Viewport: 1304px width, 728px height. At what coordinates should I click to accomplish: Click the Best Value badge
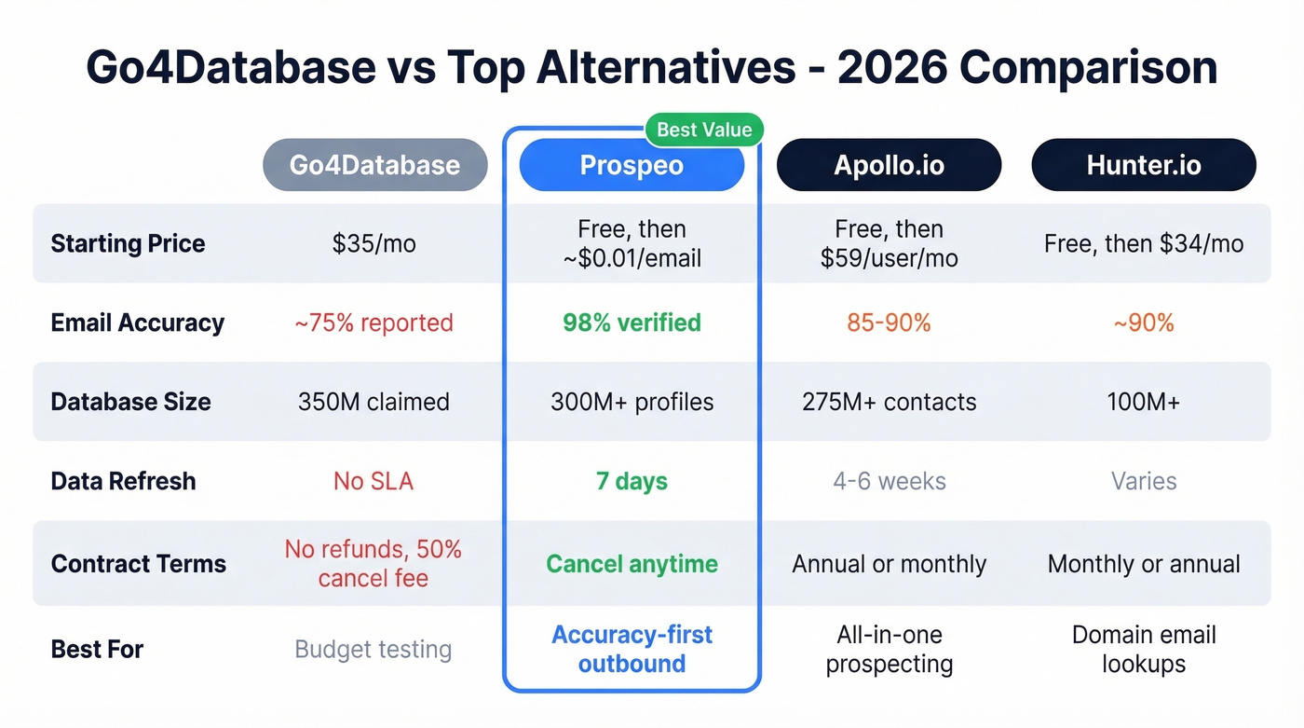tap(703, 130)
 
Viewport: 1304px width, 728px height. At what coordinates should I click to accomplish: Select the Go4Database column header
tap(374, 165)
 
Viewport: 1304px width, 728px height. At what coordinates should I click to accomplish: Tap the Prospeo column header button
tap(632, 165)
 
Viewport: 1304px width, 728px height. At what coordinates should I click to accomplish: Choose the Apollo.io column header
tap(889, 165)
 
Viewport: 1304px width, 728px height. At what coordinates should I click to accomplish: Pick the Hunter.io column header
tap(1144, 165)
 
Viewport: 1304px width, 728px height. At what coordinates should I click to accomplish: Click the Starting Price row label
tap(128, 243)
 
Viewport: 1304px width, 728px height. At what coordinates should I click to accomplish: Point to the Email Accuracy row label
tap(137, 323)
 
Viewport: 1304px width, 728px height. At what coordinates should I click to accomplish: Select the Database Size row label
tap(130, 402)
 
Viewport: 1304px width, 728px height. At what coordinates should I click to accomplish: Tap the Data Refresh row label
tap(123, 481)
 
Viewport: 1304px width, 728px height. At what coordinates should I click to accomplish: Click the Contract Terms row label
tap(138, 563)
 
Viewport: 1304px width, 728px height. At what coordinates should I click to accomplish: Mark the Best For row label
tap(97, 649)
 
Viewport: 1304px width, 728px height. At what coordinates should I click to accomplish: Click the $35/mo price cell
tap(374, 243)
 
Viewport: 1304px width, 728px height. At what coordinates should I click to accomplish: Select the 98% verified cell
tap(632, 323)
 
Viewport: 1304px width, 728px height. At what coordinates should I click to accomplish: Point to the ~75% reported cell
tap(374, 323)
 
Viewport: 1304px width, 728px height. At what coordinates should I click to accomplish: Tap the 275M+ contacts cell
tap(889, 402)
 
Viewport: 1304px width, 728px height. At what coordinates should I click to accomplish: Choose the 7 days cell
tap(632, 481)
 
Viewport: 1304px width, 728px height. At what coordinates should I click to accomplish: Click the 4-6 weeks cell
tap(889, 481)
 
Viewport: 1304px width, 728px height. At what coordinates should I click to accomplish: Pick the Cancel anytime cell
tap(632, 563)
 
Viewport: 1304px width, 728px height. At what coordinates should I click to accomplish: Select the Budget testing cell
tap(374, 649)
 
